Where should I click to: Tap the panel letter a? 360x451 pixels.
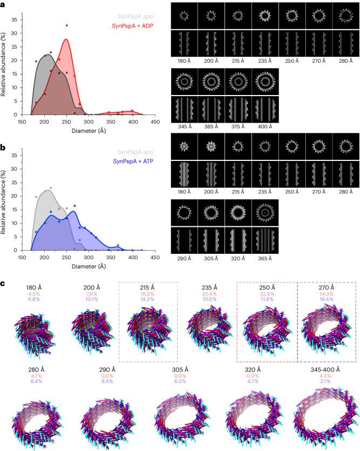click(3, 4)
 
